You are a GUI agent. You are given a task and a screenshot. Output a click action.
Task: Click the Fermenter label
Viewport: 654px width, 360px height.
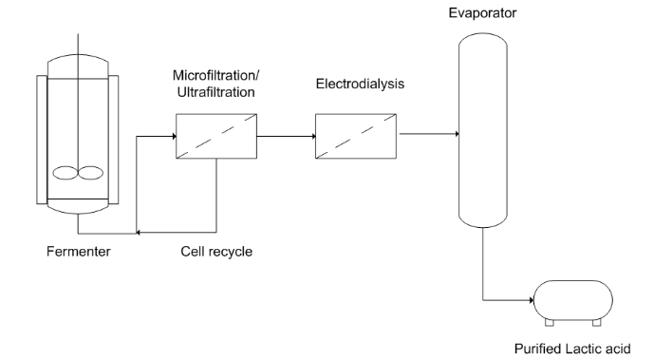[78, 252]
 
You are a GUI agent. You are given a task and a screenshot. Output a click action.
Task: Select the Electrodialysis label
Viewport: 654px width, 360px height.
[360, 84]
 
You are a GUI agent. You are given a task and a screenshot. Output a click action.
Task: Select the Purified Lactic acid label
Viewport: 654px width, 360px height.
[571, 349]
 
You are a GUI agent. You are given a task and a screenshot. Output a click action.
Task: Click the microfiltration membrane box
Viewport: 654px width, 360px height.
[215, 136]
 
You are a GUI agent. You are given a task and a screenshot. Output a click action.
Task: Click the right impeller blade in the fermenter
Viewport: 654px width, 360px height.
[90, 174]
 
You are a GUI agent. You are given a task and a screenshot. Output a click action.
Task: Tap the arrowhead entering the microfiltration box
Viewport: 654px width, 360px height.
[172, 136]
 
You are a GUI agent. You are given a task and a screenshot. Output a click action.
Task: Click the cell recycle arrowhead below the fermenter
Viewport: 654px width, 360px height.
[140, 233]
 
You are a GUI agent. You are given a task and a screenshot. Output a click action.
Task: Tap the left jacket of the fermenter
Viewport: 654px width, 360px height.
[41, 138]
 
